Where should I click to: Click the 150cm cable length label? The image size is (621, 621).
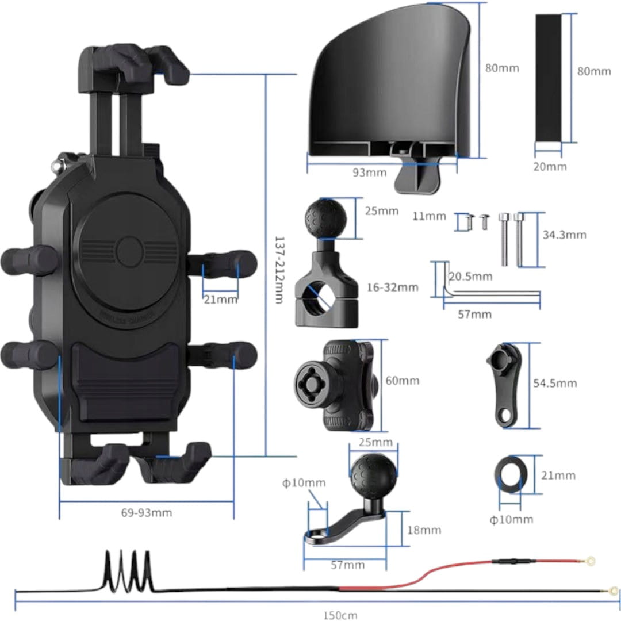[339, 615]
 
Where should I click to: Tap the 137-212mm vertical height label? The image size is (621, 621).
[279, 270]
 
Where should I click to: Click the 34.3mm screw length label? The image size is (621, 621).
[564, 235]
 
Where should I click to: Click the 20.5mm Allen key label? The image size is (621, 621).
[470, 277]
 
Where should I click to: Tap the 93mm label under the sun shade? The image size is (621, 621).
[367, 172]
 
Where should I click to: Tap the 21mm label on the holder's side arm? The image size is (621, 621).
[220, 299]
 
